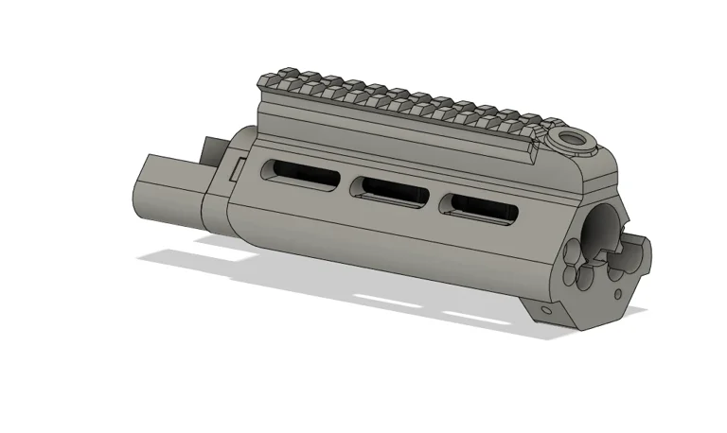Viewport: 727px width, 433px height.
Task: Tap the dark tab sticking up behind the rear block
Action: (x=210, y=149)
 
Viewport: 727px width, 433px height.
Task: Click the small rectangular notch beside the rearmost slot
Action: (x=239, y=165)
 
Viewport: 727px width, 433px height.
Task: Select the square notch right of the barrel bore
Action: (x=633, y=252)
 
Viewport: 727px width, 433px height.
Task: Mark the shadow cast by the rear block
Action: (x=189, y=256)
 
